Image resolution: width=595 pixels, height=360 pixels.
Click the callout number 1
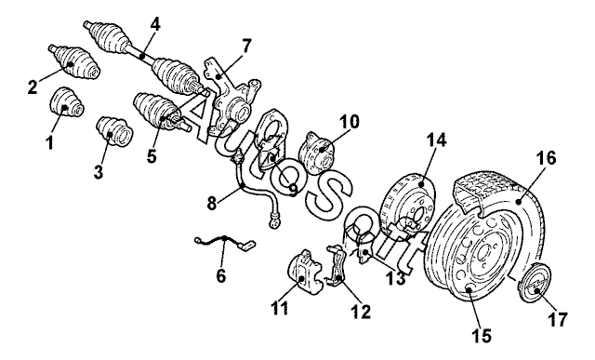pyautogui.click(x=49, y=142)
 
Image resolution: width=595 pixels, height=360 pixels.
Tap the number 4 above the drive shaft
pyautogui.click(x=155, y=24)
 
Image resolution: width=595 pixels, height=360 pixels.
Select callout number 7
pyautogui.click(x=246, y=47)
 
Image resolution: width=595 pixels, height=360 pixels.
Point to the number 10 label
pyautogui.click(x=349, y=122)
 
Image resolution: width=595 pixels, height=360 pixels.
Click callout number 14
pyautogui.click(x=436, y=140)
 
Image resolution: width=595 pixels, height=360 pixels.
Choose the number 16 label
pyautogui.click(x=546, y=157)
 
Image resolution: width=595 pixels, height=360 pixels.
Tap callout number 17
pyautogui.click(x=558, y=319)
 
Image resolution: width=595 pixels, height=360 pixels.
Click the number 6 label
pyautogui.click(x=220, y=275)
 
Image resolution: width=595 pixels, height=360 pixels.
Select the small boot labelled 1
pyautogui.click(x=67, y=101)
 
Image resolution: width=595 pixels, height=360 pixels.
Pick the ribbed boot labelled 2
pyautogui.click(x=74, y=62)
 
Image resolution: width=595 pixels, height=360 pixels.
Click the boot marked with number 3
pyautogui.click(x=114, y=131)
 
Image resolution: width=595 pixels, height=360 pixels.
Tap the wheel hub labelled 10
pyautogui.click(x=317, y=152)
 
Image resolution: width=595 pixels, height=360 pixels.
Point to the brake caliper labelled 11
pyautogui.click(x=306, y=272)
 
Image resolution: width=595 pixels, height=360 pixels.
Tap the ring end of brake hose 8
pyautogui.click(x=273, y=221)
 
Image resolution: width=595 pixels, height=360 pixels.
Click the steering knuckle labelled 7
pyautogui.click(x=231, y=98)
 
